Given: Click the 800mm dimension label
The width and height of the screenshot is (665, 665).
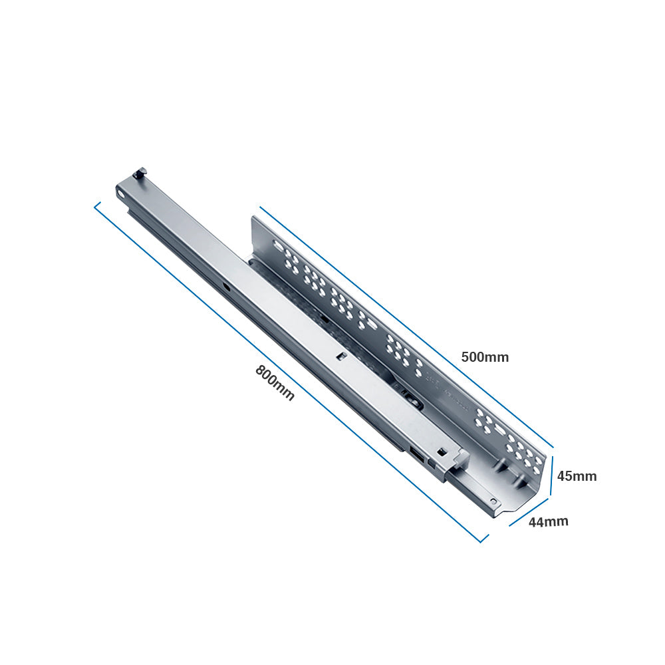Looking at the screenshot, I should click(x=275, y=382).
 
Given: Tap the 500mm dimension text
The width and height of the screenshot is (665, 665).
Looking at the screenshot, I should click(x=485, y=357).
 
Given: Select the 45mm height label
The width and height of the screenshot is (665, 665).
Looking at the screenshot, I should click(x=577, y=476).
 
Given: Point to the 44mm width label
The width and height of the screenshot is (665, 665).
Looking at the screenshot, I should click(x=548, y=521).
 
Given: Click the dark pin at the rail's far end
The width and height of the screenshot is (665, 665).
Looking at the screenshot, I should click(x=140, y=174).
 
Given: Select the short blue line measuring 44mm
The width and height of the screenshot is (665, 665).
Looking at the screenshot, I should click(x=529, y=511).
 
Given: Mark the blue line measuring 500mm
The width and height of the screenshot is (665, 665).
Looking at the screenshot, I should click(x=406, y=326).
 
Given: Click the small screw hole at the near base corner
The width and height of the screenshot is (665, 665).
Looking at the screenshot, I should click(x=493, y=501).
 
